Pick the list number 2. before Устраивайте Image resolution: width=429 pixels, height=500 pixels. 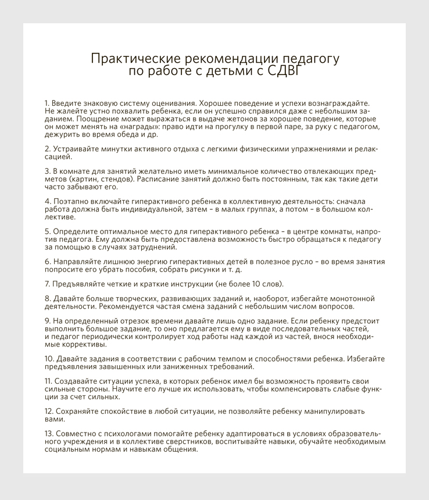point(48,149)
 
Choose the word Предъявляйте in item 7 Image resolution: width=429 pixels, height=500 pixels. point(80,284)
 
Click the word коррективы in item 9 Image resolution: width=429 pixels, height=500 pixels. point(65,344)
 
